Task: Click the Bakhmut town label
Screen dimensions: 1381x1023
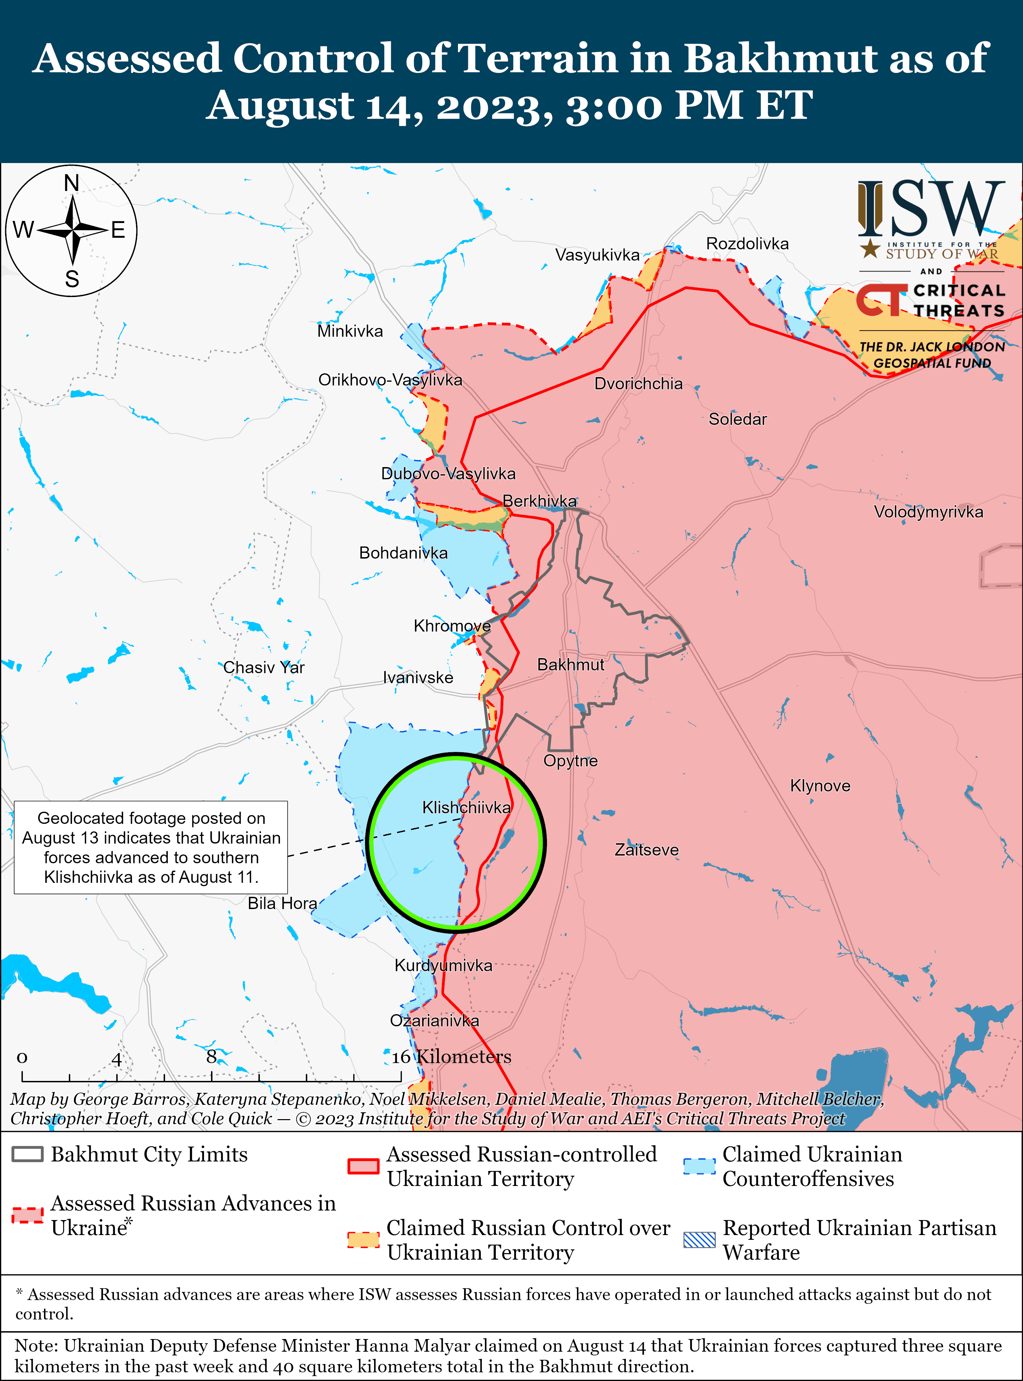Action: (570, 665)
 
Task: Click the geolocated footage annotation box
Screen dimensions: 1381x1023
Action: (151, 847)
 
